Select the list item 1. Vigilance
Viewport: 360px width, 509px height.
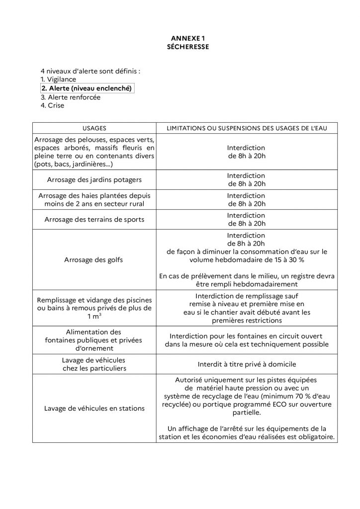point(58,80)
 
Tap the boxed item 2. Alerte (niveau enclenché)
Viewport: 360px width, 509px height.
point(87,88)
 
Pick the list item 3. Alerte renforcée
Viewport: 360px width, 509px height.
point(70,97)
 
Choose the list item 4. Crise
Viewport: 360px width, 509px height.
point(52,105)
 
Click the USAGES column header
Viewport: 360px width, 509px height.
point(94,128)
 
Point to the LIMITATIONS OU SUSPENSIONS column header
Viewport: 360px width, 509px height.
point(246,128)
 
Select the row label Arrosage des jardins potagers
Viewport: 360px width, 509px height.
point(94,179)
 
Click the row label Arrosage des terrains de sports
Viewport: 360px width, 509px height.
point(94,220)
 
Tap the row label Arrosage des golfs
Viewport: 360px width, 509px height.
point(94,259)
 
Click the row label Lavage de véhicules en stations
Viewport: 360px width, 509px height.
point(94,408)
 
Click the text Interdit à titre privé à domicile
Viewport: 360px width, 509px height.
point(246,364)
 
